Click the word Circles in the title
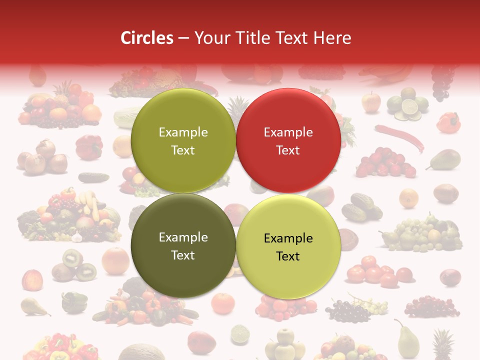pos(146,38)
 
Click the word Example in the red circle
pos(288,132)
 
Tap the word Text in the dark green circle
pos(183,255)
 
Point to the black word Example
pos(288,238)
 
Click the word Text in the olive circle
pos(183,150)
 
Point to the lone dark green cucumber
pos(93,177)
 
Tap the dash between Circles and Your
pos(183,38)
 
